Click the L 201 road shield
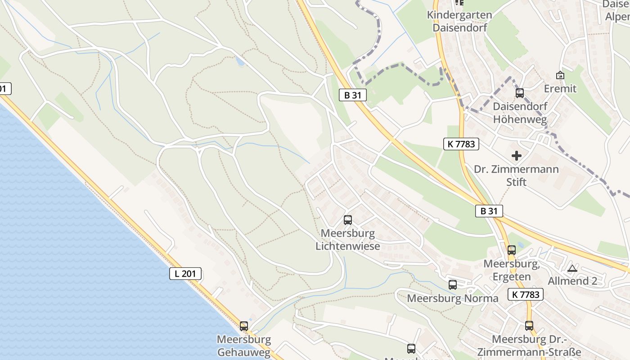pyautogui.click(x=185, y=273)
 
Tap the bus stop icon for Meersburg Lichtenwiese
pyautogui.click(x=347, y=220)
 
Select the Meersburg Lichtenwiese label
pyautogui.click(x=347, y=240)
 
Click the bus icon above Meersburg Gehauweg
pyautogui.click(x=244, y=326)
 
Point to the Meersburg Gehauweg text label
pyautogui.click(x=244, y=346)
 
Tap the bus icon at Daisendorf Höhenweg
pyautogui.click(x=520, y=93)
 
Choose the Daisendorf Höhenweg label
pyautogui.click(x=520, y=113)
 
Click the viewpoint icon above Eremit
pyautogui.click(x=560, y=75)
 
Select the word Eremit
pyautogui.click(x=560, y=89)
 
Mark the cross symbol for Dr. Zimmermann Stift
pyautogui.click(x=517, y=156)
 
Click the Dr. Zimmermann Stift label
pyautogui.click(x=517, y=175)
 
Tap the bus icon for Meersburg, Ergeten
pyautogui.click(x=512, y=250)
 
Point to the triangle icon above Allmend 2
pyautogui.click(x=572, y=269)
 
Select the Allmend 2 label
pyautogui.click(x=572, y=281)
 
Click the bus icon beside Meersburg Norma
pyautogui.click(x=453, y=285)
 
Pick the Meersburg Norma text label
pyautogui.click(x=453, y=298)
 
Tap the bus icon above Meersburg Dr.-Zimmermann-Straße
pyautogui.click(x=529, y=325)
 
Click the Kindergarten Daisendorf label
pyautogui.click(x=459, y=21)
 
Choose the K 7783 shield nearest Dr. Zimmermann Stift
pyautogui.click(x=461, y=144)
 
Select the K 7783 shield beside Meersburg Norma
pyautogui.click(x=526, y=295)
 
